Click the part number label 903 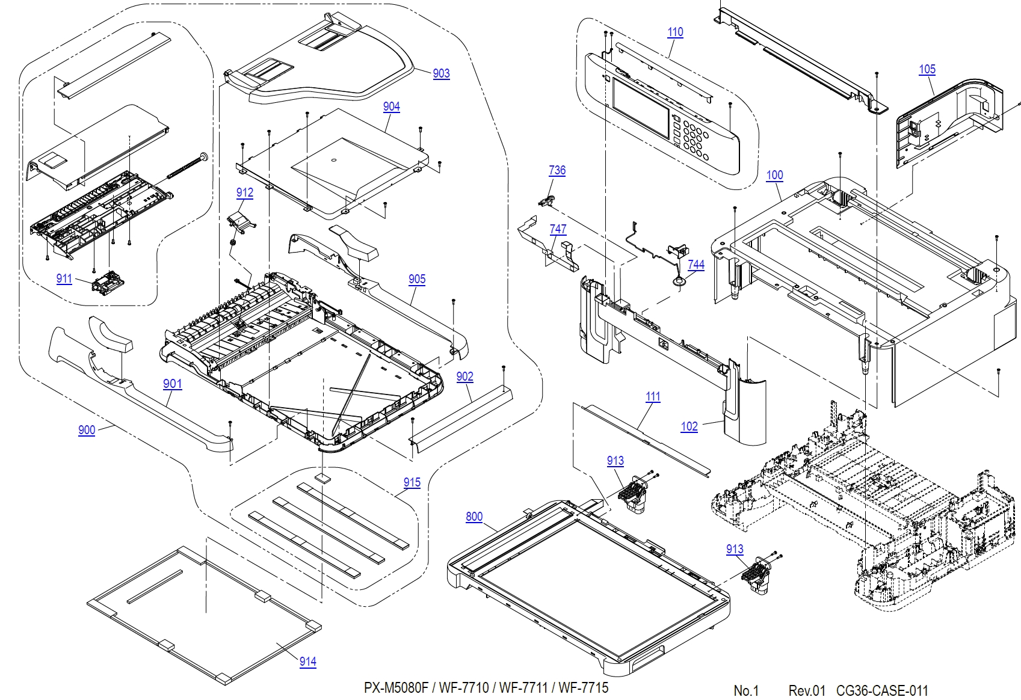(x=441, y=73)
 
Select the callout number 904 (x=391, y=106)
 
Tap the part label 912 (x=244, y=192)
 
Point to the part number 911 (x=64, y=278)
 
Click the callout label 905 (x=416, y=279)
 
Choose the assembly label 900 (x=87, y=430)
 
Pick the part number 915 (x=412, y=482)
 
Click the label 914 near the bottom (x=307, y=662)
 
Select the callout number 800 (x=473, y=517)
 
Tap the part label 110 (x=675, y=32)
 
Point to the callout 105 (x=927, y=69)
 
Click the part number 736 (x=557, y=170)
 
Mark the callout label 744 (x=696, y=265)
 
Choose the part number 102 (x=689, y=426)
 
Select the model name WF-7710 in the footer (x=463, y=688)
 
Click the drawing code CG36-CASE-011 (x=882, y=690)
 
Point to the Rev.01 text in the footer (x=807, y=690)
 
